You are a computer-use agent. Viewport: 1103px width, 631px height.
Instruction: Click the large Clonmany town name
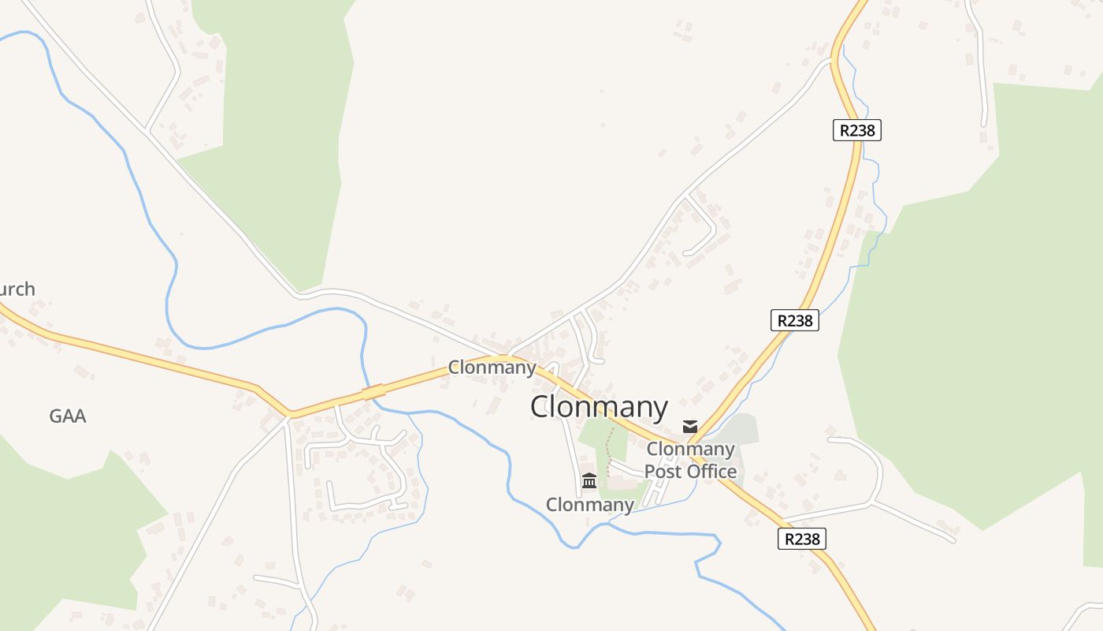point(599,407)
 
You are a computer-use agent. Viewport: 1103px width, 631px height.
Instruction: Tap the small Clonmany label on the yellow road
point(492,367)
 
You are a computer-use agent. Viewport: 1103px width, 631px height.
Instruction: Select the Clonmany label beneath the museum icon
point(589,505)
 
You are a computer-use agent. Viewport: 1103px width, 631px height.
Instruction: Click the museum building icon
point(589,480)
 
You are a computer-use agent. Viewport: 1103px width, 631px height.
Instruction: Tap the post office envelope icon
point(690,427)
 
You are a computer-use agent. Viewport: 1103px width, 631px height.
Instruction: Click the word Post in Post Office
point(663,472)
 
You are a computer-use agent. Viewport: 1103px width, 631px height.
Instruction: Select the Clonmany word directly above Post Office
point(690,450)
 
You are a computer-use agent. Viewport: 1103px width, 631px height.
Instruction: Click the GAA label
point(68,416)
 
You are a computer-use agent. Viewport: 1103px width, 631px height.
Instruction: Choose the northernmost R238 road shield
point(856,130)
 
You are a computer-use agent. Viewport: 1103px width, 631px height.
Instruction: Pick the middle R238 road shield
point(794,320)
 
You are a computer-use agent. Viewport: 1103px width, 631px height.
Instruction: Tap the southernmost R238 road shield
point(802,539)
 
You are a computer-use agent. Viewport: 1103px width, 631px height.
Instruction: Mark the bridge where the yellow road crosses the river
point(373,391)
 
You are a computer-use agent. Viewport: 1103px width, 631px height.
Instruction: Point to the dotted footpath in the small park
point(608,454)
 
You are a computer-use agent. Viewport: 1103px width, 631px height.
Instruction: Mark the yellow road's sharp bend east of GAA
point(290,413)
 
